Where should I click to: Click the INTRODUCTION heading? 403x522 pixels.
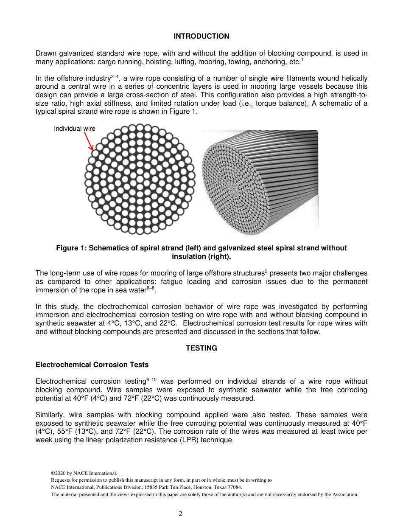tap(201, 36)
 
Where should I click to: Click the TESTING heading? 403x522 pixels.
tap(201, 348)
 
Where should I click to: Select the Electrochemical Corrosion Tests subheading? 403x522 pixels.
tap(92, 365)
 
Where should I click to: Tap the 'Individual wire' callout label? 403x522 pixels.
tap(75, 129)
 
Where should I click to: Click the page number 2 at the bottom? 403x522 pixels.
tap(180, 514)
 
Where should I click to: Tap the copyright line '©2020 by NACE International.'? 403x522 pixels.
tap(83, 473)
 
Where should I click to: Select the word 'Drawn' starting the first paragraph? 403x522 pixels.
tap(45, 53)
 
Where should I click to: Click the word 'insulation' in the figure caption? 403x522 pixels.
tap(190, 256)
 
